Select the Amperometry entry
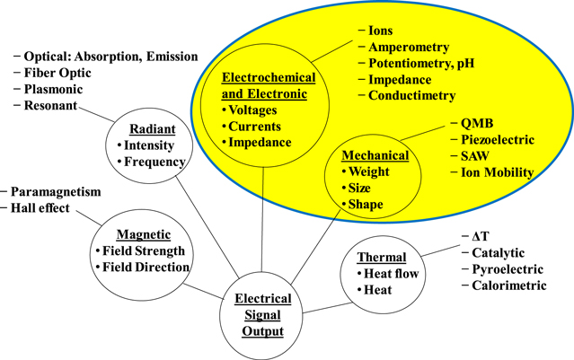(x=409, y=46)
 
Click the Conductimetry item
(x=412, y=96)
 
